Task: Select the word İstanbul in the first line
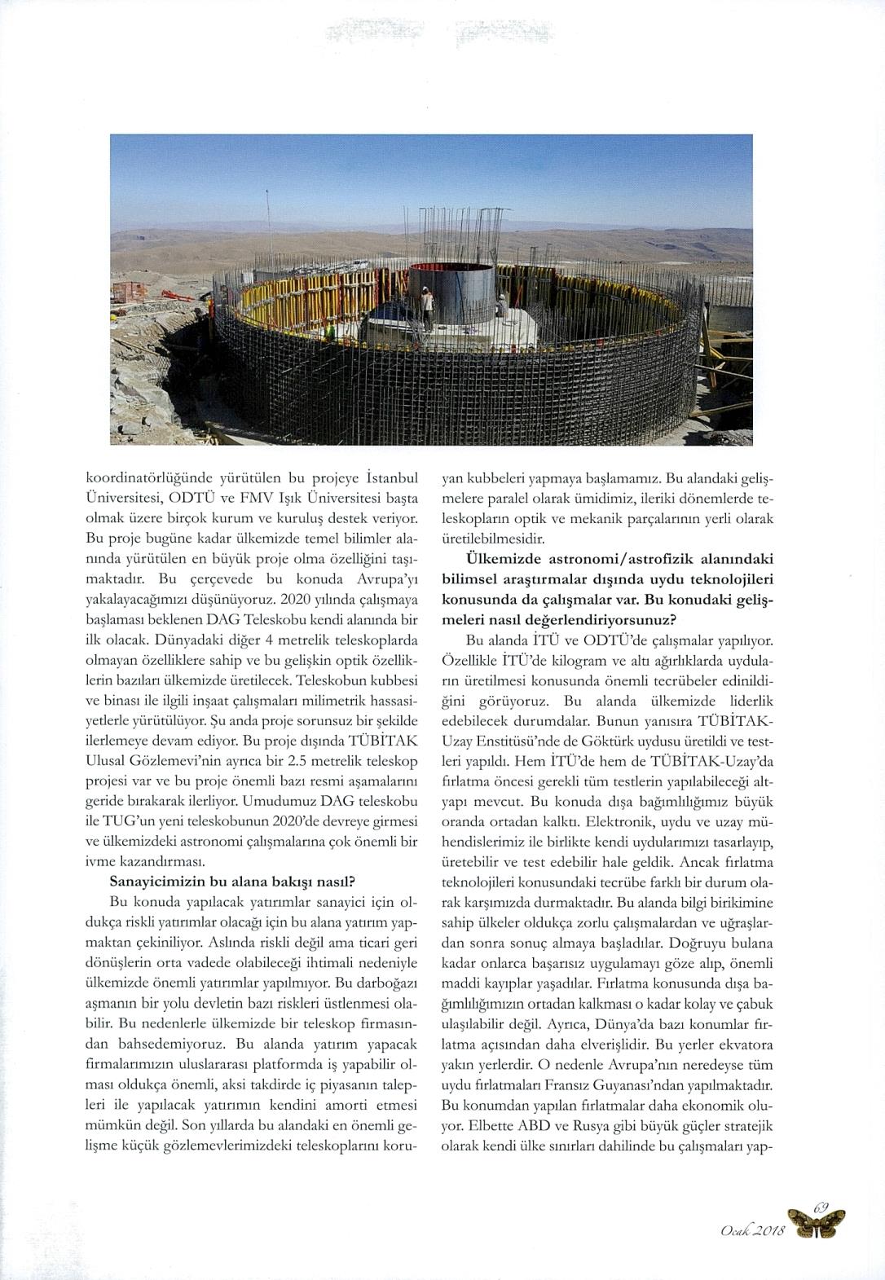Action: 389,477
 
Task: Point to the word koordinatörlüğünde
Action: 139,477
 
